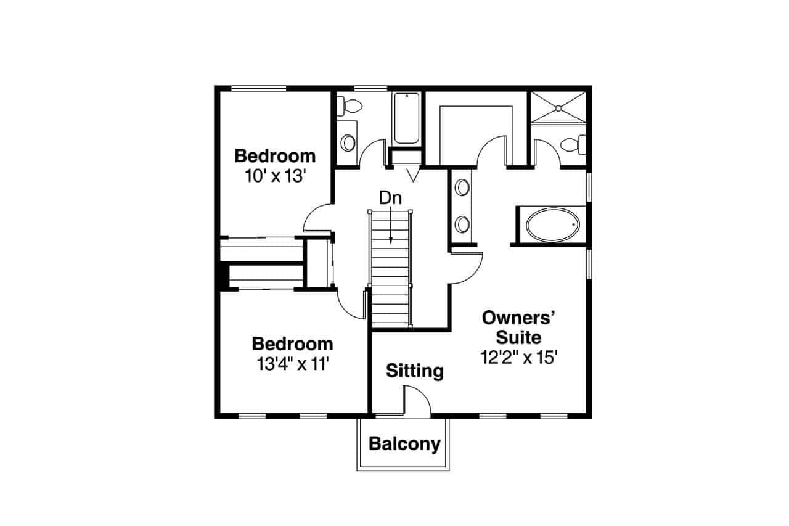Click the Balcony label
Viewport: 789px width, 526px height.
coord(404,444)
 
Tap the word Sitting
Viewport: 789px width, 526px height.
coord(415,371)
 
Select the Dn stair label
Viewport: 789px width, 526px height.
coord(390,199)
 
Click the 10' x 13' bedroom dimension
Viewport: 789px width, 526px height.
coord(275,176)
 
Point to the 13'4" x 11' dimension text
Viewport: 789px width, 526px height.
coord(292,364)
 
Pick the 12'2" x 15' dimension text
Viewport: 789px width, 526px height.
coord(519,358)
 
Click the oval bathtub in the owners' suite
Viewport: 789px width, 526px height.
coord(553,226)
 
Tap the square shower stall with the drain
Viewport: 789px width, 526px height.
coord(558,108)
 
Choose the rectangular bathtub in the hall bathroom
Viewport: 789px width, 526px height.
coord(406,117)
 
